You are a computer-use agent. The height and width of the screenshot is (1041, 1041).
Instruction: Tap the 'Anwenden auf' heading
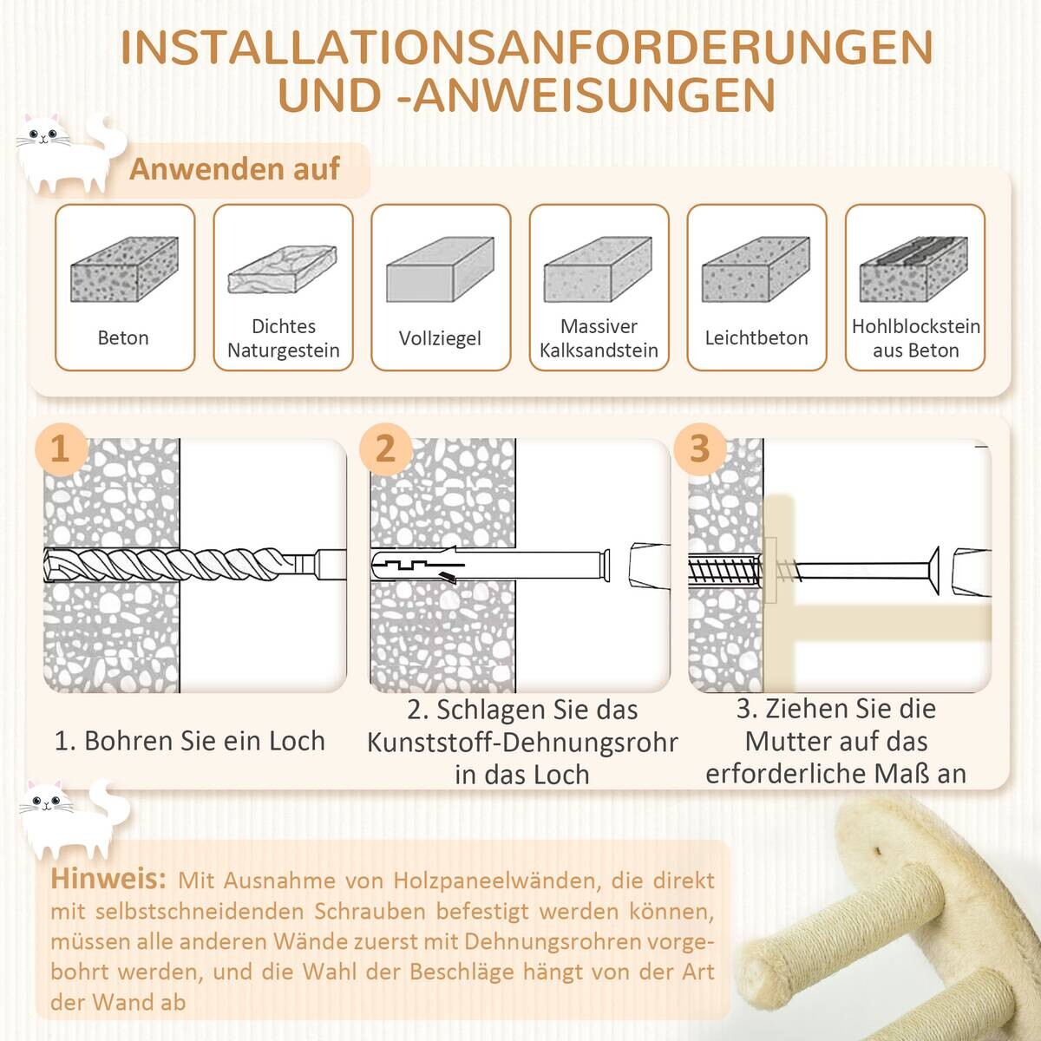point(234,169)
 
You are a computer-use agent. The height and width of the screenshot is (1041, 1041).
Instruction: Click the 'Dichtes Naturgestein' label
point(283,338)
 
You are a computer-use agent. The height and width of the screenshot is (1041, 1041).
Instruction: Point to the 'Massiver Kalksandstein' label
point(599,338)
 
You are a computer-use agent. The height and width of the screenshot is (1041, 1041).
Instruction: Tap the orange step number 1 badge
point(60,449)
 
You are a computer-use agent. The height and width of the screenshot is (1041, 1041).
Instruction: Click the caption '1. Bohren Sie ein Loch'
point(189,741)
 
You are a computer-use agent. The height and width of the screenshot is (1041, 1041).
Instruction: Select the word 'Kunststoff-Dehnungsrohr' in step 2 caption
point(521,743)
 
